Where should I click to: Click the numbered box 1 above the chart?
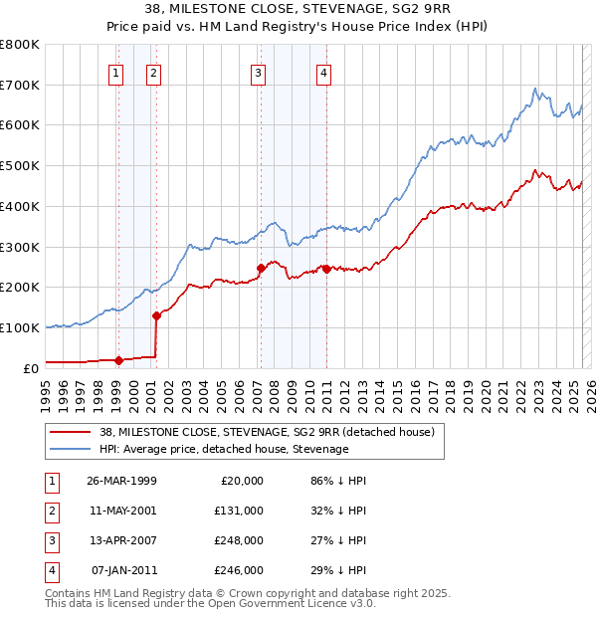117,72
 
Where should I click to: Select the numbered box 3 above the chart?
258,72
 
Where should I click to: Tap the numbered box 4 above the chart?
324,72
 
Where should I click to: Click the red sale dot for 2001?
156,315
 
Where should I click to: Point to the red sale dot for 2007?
261,268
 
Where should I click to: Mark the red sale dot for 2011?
326,268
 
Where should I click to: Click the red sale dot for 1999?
118,360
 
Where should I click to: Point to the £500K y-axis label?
20,165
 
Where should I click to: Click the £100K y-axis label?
20,327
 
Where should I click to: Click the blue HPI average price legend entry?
224,449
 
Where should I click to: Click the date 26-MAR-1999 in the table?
122,481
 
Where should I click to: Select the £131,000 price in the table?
240,511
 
